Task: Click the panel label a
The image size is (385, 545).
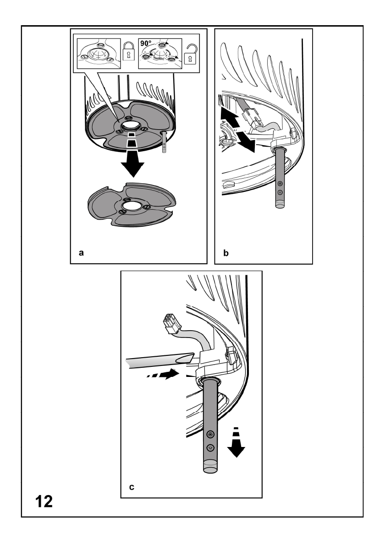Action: pos(82,252)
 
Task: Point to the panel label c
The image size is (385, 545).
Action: pos(132,486)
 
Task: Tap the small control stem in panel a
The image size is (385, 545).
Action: pos(164,142)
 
